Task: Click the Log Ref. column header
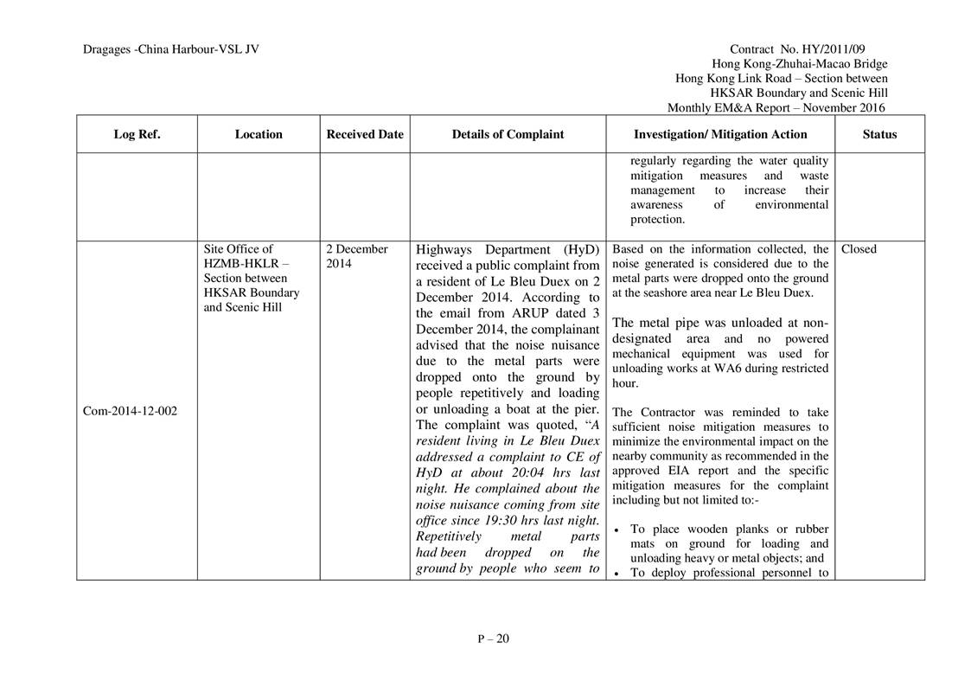pos(137,134)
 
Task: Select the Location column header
pos(259,134)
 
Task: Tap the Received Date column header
pos(365,134)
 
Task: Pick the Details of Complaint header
pos(508,134)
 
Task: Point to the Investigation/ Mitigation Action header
pos(720,134)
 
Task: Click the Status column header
pos(879,134)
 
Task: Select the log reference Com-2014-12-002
pos(129,410)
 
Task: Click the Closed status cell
pos(859,249)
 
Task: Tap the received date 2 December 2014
pos(357,256)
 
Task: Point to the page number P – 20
pos(494,639)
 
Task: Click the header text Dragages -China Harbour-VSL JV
pos(171,49)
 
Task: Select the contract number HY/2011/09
pos(853,49)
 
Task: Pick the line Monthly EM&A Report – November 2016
pos(776,108)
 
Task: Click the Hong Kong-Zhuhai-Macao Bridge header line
pos(799,64)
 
